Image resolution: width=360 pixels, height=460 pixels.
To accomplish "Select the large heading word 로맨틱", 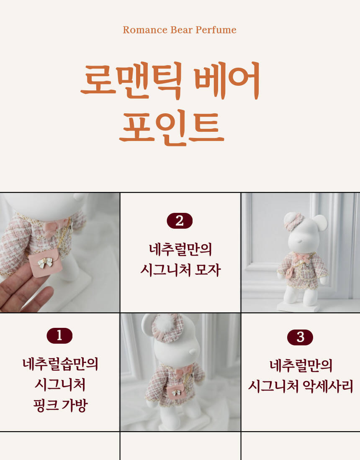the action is (132, 80).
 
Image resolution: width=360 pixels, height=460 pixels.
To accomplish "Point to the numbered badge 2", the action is (180, 221).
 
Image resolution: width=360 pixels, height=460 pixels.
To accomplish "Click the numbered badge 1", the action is (59, 336).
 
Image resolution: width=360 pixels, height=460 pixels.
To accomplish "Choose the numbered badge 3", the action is (300, 337).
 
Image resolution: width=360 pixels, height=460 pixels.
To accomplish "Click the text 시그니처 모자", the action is (180, 270).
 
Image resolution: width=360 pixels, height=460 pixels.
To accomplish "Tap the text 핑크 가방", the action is (61, 406).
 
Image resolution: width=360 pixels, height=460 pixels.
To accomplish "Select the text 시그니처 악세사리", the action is (301, 386).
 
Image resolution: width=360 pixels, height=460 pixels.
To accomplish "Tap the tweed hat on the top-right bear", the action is (293, 222).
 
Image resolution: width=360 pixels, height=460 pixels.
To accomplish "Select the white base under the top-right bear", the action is (298, 307).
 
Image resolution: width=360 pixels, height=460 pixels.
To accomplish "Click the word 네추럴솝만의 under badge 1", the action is (61, 364).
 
